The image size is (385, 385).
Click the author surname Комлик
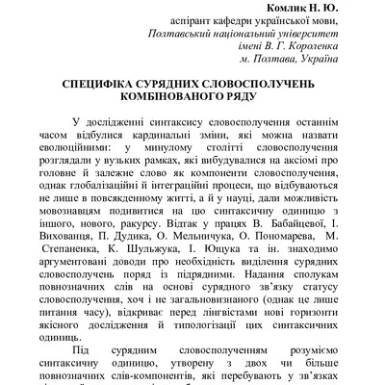[286, 8]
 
